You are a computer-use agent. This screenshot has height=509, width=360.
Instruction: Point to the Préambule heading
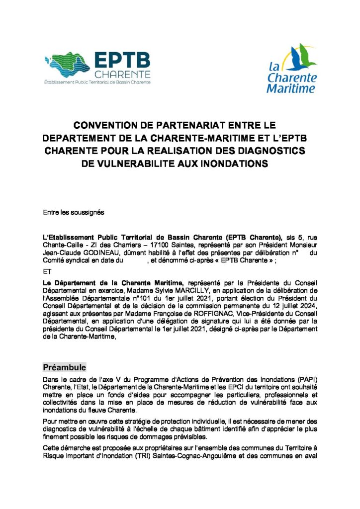(65, 367)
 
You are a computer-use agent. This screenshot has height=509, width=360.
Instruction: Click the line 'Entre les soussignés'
(74, 212)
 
